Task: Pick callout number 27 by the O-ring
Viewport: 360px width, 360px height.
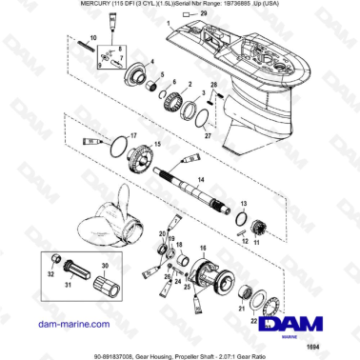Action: [x=207, y=135]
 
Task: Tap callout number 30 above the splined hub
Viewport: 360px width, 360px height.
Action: [x=105, y=265]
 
